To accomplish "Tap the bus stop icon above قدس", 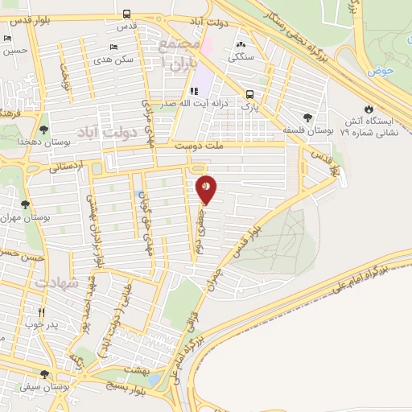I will [x=127, y=14].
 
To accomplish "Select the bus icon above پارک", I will [x=251, y=93].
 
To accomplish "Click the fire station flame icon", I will [x=369, y=108].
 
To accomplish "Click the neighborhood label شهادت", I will [x=55, y=283].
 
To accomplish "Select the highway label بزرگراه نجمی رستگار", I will [x=292, y=32].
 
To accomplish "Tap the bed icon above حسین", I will [x=7, y=37].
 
